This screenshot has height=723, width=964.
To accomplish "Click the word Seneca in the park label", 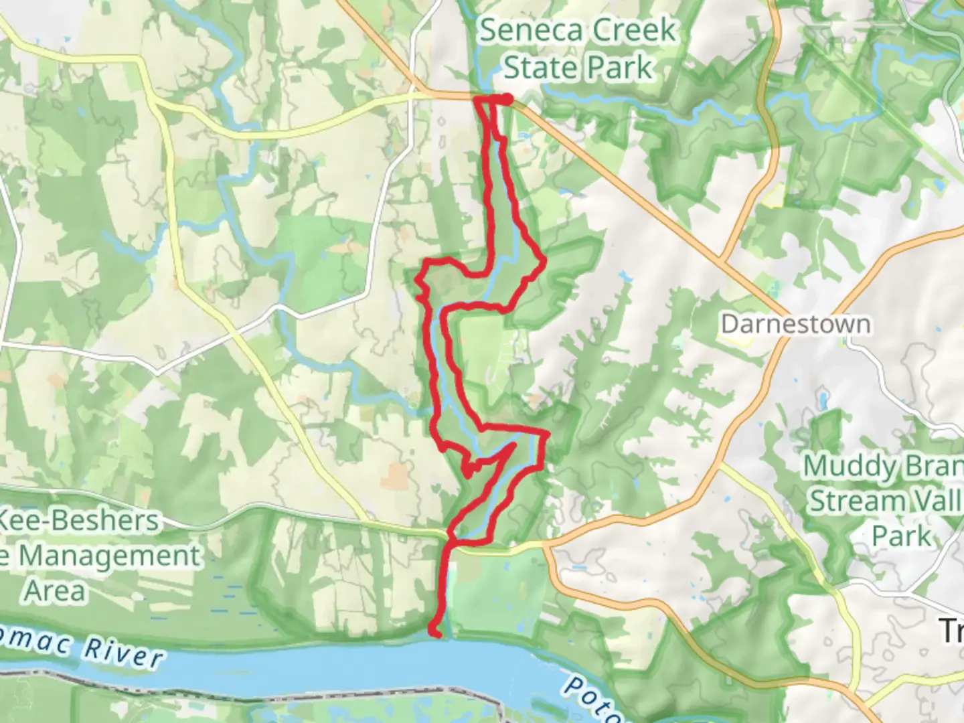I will tap(521, 31).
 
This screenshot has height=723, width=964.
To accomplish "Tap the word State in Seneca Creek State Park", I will tap(534, 68).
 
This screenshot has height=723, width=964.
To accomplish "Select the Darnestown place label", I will tap(796, 324).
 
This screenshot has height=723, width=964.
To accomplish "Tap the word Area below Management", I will tap(56, 591).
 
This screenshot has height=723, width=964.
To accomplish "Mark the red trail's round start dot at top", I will tap(507, 99).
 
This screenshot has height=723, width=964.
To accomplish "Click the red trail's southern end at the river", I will tap(436, 632).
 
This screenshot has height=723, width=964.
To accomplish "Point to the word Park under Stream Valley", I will tap(901, 536).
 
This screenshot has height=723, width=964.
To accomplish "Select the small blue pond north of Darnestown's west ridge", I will tap(625, 275).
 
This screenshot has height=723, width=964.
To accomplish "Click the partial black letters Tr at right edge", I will tap(951, 631).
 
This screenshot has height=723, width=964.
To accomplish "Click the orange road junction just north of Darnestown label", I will tap(721, 258).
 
